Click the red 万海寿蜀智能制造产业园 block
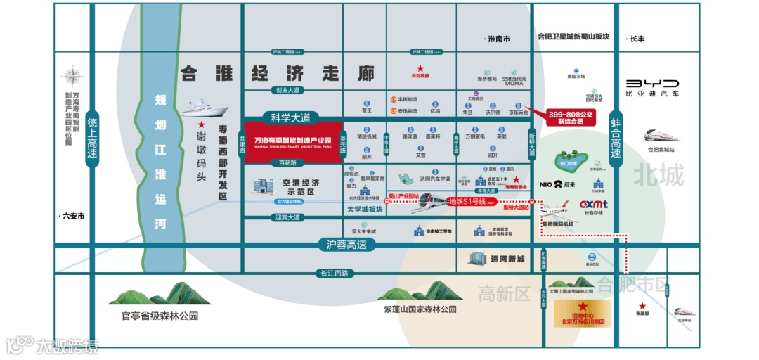[292, 142]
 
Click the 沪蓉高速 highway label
[346, 244]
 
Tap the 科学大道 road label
[290, 117]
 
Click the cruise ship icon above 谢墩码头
[205, 109]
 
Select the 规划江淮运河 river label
[160, 162]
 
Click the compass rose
[72, 76]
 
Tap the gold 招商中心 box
[583, 314]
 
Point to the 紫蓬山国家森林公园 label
[420, 309]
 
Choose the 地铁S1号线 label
[469, 201]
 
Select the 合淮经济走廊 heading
[277, 73]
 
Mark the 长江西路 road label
[333, 273]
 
